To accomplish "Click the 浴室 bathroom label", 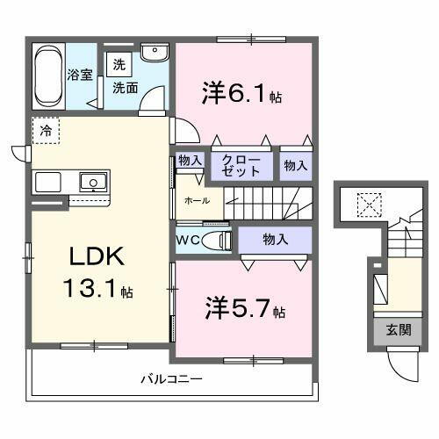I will [x=80, y=75].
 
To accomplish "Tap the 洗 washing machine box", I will [x=118, y=65].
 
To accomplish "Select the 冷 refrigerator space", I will [x=45, y=130].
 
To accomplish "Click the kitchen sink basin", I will [x=91, y=184].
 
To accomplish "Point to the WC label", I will [x=188, y=239].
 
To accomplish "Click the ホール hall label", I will [x=196, y=201].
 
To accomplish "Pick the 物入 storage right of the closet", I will [x=296, y=164].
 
